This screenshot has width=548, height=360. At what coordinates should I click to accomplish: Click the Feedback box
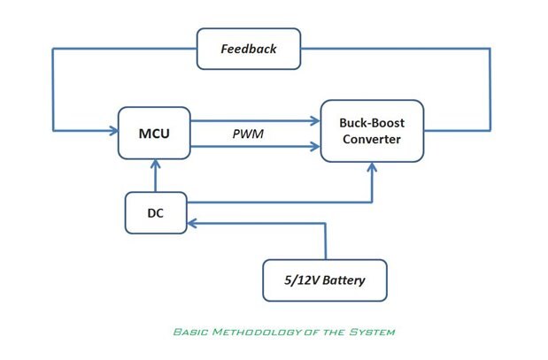tap(249, 49)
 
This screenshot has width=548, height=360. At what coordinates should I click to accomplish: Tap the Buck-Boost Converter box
tap(372, 132)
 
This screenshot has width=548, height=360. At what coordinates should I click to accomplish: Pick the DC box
tap(155, 212)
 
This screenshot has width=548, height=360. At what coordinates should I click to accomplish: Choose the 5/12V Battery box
tap(325, 281)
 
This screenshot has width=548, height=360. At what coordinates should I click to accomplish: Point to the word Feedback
tap(249, 49)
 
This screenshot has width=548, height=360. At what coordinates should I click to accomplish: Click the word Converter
tap(372, 141)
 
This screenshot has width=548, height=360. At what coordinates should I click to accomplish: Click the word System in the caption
tap(375, 333)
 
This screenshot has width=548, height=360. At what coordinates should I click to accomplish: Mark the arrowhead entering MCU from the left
tap(113, 132)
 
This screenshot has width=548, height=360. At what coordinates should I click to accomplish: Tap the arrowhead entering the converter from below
tap(373, 167)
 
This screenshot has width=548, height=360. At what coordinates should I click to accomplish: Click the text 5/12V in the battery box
tap(298, 281)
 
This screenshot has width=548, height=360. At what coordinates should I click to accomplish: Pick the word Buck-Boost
tap(372, 123)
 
